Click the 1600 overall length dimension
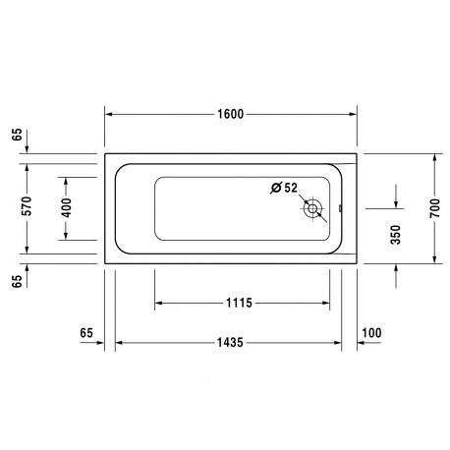point(231,114)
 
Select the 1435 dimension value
point(230,343)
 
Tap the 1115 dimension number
point(239,303)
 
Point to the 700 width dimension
point(435,208)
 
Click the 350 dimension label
point(396,235)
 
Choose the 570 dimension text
point(27,206)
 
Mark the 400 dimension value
point(66,207)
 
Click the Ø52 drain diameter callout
point(284,188)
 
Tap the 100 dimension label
point(371,333)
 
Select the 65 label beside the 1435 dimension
point(86,333)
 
